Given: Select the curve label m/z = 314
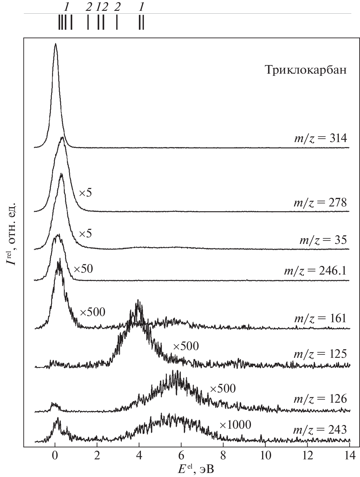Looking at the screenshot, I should (x=320, y=138).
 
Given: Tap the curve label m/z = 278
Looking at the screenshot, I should (x=320, y=203).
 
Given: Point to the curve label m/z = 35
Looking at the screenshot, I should (x=323, y=240).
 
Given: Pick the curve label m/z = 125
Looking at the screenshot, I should (x=320, y=354).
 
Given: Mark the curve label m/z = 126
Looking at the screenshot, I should (x=320, y=399).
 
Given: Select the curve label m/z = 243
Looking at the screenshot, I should (x=320, y=430).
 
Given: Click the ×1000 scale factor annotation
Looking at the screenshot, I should (x=235, y=425).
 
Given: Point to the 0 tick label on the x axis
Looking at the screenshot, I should (x=55, y=455).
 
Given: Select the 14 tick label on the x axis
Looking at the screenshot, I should (x=349, y=455).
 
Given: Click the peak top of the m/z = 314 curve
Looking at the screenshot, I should (x=55, y=44).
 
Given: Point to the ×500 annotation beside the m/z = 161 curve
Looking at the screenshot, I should (x=93, y=312).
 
